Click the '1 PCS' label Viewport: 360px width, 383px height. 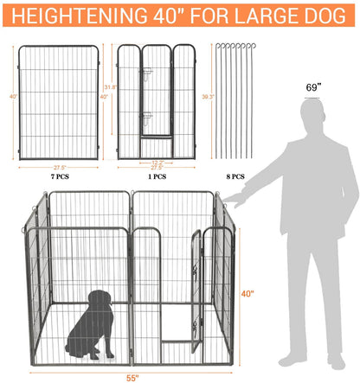(x=157, y=176)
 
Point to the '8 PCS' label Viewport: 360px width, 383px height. (x=234, y=176)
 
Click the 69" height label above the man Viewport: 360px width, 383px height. (x=312, y=87)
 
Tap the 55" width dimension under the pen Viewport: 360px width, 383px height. (x=129, y=378)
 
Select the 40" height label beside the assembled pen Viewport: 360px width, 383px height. (x=247, y=294)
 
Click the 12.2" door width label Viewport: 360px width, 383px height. (x=157, y=162)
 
